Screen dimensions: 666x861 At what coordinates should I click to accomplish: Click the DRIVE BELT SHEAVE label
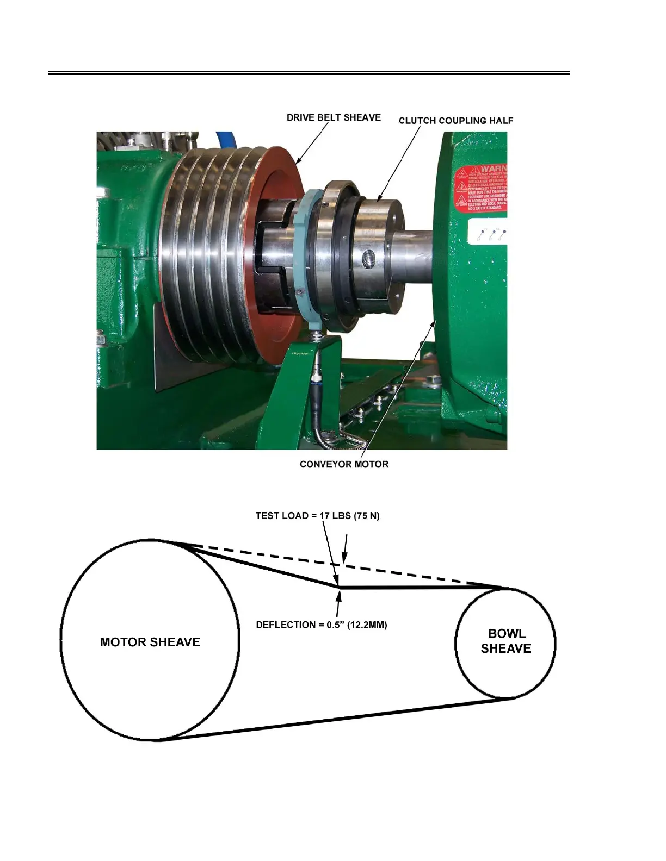[x=334, y=117]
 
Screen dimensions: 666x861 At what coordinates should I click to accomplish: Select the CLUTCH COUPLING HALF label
[x=455, y=120]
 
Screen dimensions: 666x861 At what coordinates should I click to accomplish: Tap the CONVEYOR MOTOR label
[x=344, y=464]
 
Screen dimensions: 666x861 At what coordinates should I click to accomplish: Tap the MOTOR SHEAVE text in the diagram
[x=150, y=642]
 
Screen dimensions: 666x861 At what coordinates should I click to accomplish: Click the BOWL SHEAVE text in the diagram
[x=505, y=641]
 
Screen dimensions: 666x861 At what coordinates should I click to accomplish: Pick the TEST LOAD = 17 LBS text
[x=317, y=515]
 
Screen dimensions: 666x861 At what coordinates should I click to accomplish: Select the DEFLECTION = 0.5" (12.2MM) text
[x=322, y=625]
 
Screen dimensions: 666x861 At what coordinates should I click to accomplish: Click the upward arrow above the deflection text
[x=339, y=603]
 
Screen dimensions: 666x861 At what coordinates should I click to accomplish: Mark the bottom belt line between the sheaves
[x=337, y=719]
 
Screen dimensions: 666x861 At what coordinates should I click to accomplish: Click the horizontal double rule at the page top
[x=309, y=72]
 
